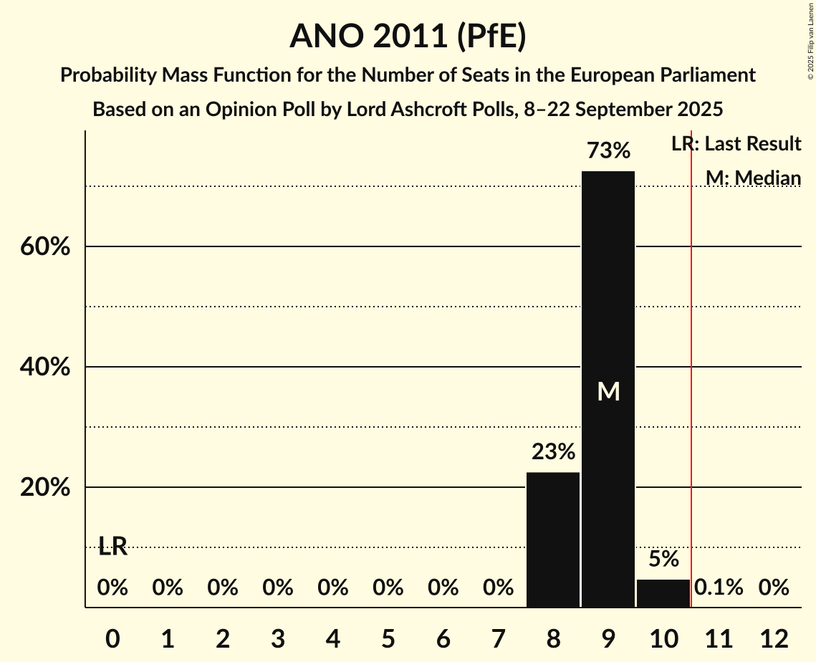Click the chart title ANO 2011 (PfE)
(x=408, y=37)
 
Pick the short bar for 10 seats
(x=663, y=593)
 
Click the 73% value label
(x=608, y=151)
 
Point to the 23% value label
(x=553, y=452)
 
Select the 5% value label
(x=663, y=560)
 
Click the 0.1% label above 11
(x=719, y=588)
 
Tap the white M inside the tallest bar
(x=608, y=391)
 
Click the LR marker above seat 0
(x=112, y=547)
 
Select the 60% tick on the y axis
(x=44, y=247)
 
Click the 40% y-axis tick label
(x=44, y=368)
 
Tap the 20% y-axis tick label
(x=44, y=488)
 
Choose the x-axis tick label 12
(x=774, y=638)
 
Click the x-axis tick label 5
(x=388, y=638)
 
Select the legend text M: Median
(x=753, y=178)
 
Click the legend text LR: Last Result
(x=736, y=144)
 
